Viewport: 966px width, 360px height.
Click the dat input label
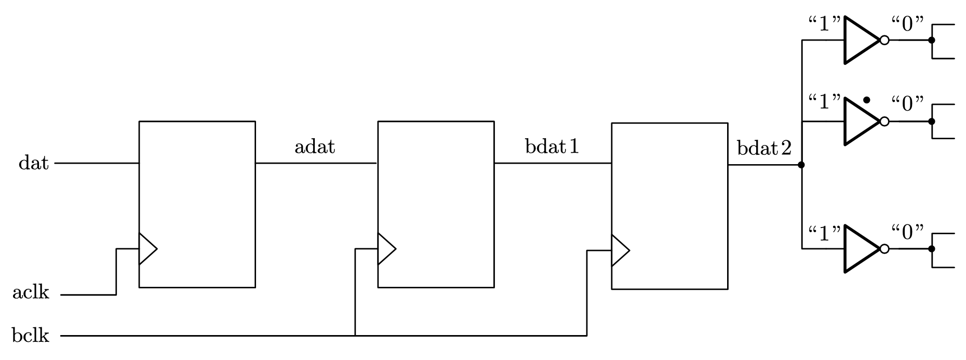pos(34,164)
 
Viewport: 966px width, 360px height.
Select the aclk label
pos(31,293)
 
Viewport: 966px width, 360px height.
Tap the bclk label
pos(31,336)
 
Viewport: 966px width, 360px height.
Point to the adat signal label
pos(315,147)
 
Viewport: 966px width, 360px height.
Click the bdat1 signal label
pos(552,147)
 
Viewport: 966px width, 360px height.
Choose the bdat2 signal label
pos(764,149)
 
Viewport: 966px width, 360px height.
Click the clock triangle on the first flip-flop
pos(146,249)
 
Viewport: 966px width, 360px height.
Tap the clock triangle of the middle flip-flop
pos(385,249)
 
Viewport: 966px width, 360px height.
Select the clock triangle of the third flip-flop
pos(620,250)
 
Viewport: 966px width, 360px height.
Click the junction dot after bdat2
pos(801,165)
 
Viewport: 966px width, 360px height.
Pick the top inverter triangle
pos(860,40)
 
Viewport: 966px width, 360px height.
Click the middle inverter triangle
pos(860,121)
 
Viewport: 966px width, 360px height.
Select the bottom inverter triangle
pos(860,249)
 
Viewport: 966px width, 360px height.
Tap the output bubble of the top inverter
pos(884,40)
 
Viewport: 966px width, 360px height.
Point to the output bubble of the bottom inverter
pos(884,249)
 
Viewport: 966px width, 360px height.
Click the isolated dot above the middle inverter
pos(866,100)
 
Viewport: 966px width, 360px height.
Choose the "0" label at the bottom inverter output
pos(908,232)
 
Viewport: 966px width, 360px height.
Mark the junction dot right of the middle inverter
pos(932,121)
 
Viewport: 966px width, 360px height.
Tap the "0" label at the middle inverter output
pos(908,104)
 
